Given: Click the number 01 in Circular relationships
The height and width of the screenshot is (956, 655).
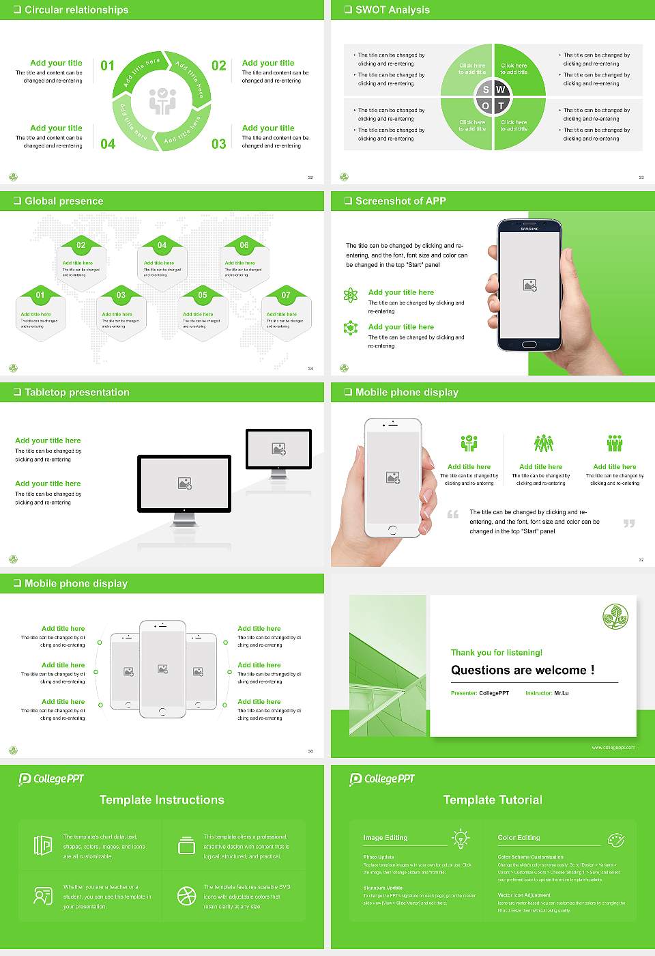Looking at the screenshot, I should [x=108, y=66].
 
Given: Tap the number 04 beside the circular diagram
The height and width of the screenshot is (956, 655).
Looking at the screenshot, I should [x=108, y=143].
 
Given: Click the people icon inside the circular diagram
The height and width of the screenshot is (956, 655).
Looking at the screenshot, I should [x=162, y=101].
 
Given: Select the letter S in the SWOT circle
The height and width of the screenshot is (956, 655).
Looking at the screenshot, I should [x=486, y=89].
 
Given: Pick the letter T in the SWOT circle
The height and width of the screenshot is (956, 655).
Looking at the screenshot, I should [x=501, y=106].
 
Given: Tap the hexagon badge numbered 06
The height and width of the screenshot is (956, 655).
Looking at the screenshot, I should [x=244, y=245].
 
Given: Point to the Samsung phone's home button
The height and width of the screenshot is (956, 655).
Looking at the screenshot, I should [x=529, y=344].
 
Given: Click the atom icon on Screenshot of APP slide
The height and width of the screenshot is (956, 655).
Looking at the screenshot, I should [x=351, y=295].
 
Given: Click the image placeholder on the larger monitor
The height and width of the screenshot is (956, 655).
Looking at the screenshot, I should [x=184, y=483].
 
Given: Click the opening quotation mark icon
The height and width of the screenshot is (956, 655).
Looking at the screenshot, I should [x=453, y=514].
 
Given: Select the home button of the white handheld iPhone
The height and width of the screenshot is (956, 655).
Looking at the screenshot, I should [x=392, y=530].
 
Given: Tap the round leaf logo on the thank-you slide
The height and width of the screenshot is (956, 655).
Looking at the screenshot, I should [x=615, y=617].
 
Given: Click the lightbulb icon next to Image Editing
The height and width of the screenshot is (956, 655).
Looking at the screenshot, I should [x=461, y=838].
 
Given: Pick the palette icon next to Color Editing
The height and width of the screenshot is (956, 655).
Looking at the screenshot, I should [x=615, y=839].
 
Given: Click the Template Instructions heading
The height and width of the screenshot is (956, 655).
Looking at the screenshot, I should [x=162, y=800].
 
